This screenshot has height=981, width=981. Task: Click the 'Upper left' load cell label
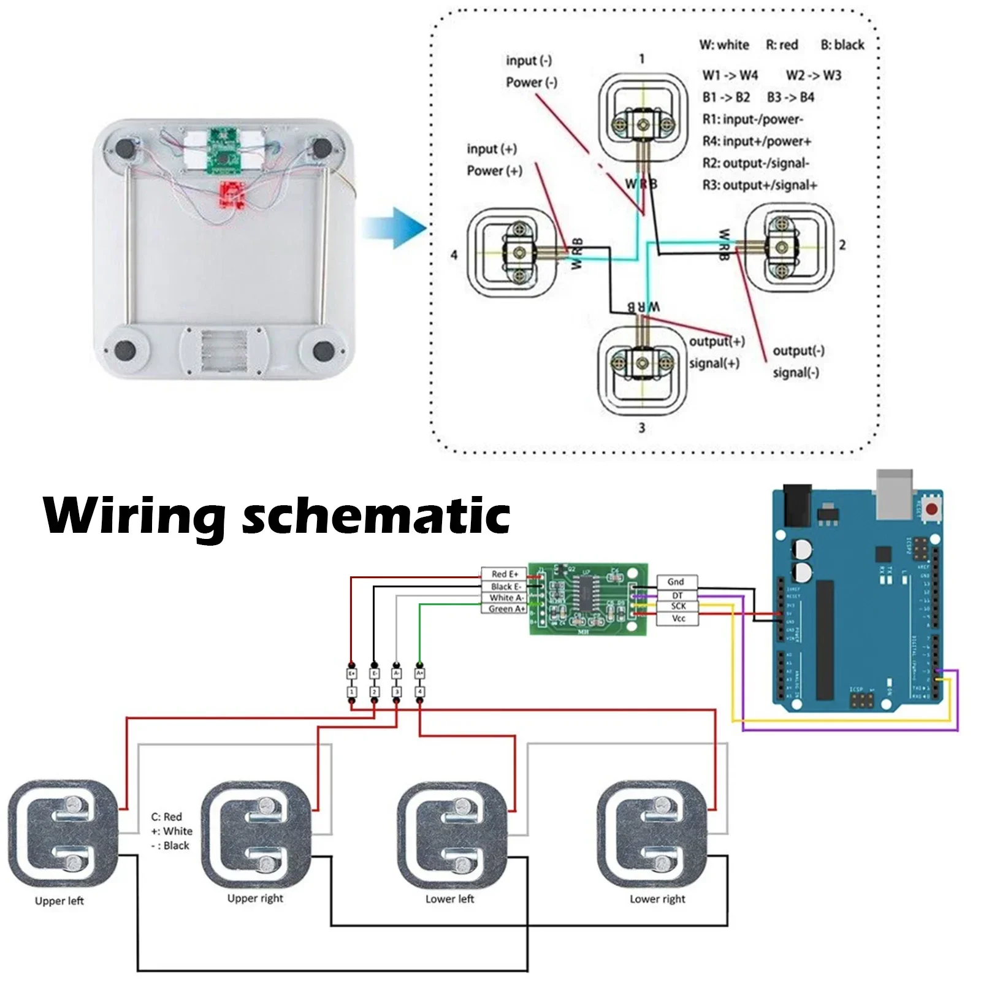tap(59, 901)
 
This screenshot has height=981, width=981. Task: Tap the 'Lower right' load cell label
tap(657, 899)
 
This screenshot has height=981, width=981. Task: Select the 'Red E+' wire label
tap(504, 574)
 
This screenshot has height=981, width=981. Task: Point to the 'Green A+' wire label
tap(505, 609)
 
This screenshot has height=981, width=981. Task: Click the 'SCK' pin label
tap(678, 606)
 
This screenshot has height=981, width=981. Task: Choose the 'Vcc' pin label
tap(678, 619)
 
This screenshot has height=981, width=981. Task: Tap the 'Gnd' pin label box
tap(676, 582)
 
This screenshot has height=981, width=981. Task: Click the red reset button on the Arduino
tap(932, 509)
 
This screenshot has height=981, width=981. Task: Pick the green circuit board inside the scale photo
tap(224, 150)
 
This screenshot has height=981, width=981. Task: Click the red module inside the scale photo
tap(233, 195)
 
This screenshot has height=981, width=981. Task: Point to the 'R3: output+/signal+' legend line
tap(760, 185)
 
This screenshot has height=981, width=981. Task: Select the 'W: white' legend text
tap(724, 45)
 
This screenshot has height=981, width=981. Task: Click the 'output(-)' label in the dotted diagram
tap(798, 351)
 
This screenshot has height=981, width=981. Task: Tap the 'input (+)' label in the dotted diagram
tap(492, 149)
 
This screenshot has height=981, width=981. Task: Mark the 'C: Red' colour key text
tap(167, 817)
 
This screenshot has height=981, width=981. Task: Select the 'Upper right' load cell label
tap(255, 898)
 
